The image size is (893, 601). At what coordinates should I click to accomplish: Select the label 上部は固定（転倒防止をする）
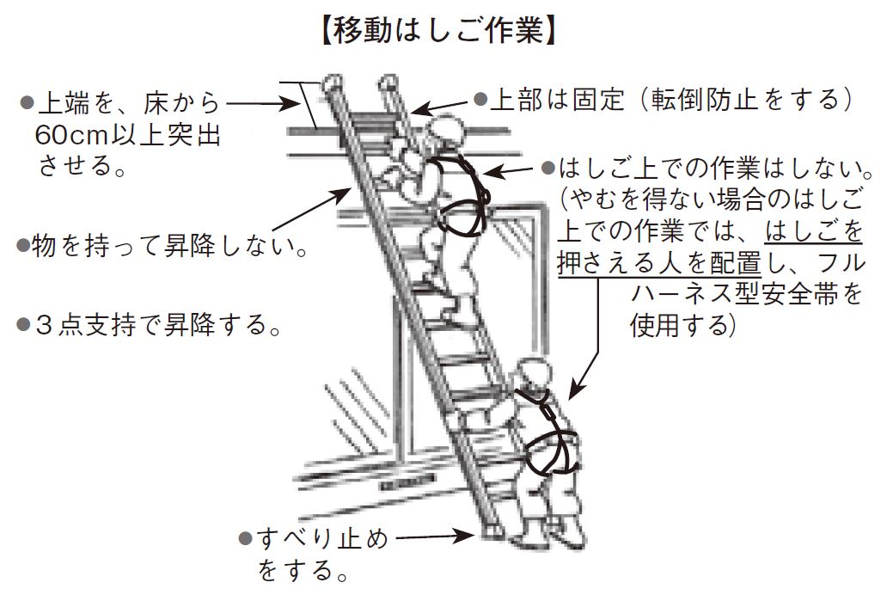(x=671, y=100)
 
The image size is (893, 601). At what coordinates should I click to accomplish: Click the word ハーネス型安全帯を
(x=746, y=294)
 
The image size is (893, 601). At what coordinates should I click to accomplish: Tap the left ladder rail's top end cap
(x=328, y=83)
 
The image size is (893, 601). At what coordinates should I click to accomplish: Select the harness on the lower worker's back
(x=553, y=438)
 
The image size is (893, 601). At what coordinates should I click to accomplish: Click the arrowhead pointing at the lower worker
(x=571, y=394)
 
